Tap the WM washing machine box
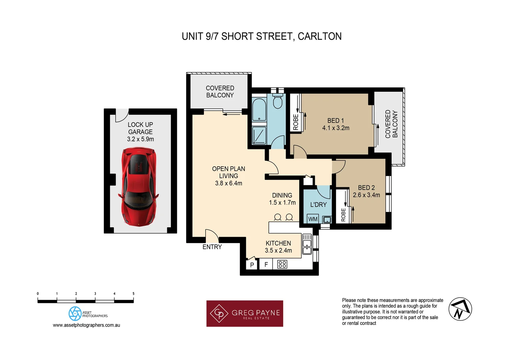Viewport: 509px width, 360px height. pos(313,219)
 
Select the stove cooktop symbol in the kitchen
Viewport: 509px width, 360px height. pos(282,264)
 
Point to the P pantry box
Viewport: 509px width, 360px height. pos(252,265)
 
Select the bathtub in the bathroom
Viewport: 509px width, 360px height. pos(259,110)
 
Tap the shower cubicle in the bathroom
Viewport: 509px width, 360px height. pos(259,135)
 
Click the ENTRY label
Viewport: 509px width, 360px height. pos(212,247)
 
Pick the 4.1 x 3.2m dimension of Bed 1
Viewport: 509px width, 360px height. pos(335,128)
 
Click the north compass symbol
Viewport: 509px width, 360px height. pos(460,309)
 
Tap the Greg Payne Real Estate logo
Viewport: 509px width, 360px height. pos(245,314)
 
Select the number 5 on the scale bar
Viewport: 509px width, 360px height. pos(133,294)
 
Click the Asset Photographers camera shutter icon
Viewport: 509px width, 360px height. pos(75,314)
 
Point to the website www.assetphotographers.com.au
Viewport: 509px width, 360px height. pos(86,325)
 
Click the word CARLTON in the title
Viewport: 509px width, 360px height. pos(319,36)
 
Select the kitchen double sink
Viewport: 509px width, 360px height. pos(307,244)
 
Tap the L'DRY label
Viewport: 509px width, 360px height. pos(318,205)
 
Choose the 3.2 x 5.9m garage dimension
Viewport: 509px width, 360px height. pos(140,139)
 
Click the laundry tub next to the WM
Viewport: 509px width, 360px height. pos(327,219)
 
